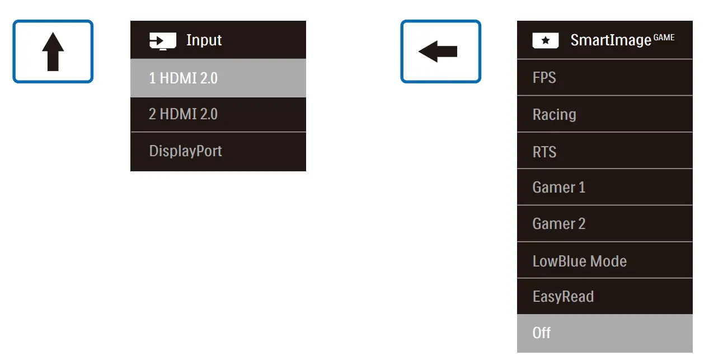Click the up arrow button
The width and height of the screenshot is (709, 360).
pyautogui.click(x=53, y=52)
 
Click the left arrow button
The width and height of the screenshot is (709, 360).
pyautogui.click(x=440, y=52)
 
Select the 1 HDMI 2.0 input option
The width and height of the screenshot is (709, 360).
pyautogui.click(x=183, y=78)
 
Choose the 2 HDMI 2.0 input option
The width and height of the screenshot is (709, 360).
pyautogui.click(x=183, y=114)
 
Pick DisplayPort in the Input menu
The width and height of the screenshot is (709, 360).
pyautogui.click(x=185, y=151)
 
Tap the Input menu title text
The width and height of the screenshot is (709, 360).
pyautogui.click(x=204, y=40)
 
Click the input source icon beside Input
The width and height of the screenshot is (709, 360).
pyautogui.click(x=162, y=41)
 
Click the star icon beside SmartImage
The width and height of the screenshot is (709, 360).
pyautogui.click(x=545, y=41)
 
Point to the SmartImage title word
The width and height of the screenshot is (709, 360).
pyautogui.click(x=611, y=40)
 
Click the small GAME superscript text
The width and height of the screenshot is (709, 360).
pyautogui.click(x=664, y=38)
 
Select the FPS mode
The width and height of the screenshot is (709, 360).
pyautogui.click(x=544, y=77)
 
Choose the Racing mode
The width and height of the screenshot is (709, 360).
pyautogui.click(x=554, y=114)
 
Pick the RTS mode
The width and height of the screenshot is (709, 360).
pyautogui.click(x=544, y=152)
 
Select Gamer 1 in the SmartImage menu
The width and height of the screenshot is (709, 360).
pyautogui.click(x=558, y=187)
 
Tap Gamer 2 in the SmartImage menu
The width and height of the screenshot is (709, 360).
pyautogui.click(x=558, y=223)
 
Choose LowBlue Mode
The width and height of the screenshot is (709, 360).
pyautogui.click(x=579, y=261)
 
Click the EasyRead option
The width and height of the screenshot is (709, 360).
pyautogui.click(x=563, y=296)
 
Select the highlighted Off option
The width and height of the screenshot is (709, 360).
pyautogui.click(x=542, y=333)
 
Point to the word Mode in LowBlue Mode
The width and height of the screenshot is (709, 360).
pyautogui.click(x=609, y=261)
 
